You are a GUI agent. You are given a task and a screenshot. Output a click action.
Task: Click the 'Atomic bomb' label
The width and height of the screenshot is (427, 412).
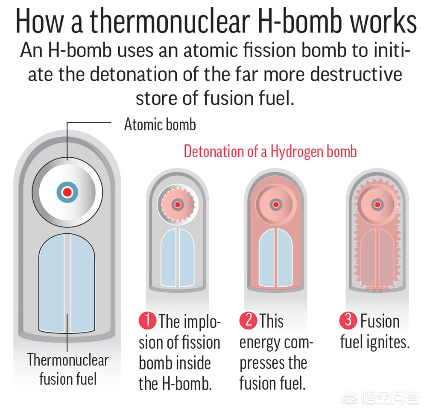[x=160, y=124]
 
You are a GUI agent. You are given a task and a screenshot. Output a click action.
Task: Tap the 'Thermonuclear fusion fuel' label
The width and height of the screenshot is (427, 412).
[x=68, y=369]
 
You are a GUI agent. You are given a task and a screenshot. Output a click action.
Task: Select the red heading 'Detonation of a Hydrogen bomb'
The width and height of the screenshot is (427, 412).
[x=270, y=151]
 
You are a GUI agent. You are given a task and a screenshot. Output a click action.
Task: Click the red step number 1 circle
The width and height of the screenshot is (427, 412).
[x=147, y=320]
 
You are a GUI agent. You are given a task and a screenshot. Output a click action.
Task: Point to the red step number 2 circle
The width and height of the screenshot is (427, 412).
[x=249, y=320]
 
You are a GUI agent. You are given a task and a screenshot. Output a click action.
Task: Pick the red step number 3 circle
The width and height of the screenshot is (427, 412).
[x=348, y=320]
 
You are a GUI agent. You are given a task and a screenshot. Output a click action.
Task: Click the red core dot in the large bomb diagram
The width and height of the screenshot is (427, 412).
[x=67, y=192]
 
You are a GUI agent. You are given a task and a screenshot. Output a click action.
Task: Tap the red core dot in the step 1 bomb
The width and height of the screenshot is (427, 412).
[x=178, y=204]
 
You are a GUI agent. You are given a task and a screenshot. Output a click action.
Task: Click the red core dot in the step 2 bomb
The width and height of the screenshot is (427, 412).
[x=276, y=204]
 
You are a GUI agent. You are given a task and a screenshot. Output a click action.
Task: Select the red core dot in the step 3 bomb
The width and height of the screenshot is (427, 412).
[x=377, y=204]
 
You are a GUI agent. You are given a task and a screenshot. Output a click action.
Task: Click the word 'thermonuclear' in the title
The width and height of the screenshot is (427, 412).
[x=170, y=21]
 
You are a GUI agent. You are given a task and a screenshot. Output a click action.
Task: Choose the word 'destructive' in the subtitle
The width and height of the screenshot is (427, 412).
[x=356, y=74]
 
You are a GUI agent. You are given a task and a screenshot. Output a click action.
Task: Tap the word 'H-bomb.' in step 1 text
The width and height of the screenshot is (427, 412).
[x=187, y=384]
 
